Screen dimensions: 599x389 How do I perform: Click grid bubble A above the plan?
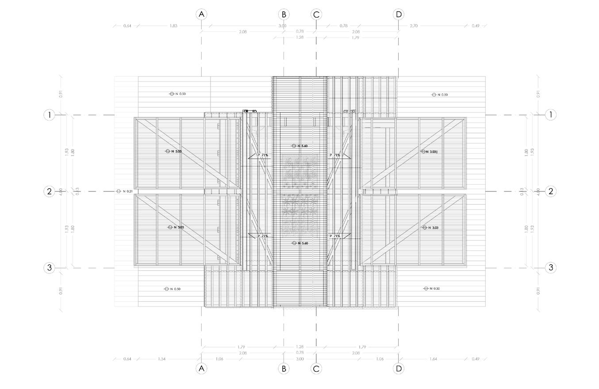click(201, 14)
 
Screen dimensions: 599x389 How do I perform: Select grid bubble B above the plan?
click(284, 14)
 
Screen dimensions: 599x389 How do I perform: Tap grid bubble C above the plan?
click(316, 14)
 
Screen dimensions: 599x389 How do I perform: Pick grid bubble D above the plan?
click(398, 14)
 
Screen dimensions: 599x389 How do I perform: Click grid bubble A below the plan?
click(201, 368)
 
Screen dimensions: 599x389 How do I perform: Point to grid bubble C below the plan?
click(316, 368)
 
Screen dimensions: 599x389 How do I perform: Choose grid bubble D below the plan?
click(398, 368)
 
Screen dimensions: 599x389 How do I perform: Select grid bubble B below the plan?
click(284, 368)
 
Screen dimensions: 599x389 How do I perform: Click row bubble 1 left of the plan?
click(50, 115)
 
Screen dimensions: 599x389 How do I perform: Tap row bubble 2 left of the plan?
click(50, 191)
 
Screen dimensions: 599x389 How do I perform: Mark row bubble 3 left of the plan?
click(50, 268)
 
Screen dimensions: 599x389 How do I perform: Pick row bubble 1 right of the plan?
click(550, 115)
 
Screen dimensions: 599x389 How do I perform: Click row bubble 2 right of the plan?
click(550, 191)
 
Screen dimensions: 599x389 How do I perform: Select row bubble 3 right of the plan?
click(550, 268)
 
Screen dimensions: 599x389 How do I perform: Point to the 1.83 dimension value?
click(173, 26)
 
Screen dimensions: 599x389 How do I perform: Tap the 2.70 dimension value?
click(414, 26)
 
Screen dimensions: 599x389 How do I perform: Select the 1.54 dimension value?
click(161, 359)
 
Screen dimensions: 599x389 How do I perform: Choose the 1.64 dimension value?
click(433, 359)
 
